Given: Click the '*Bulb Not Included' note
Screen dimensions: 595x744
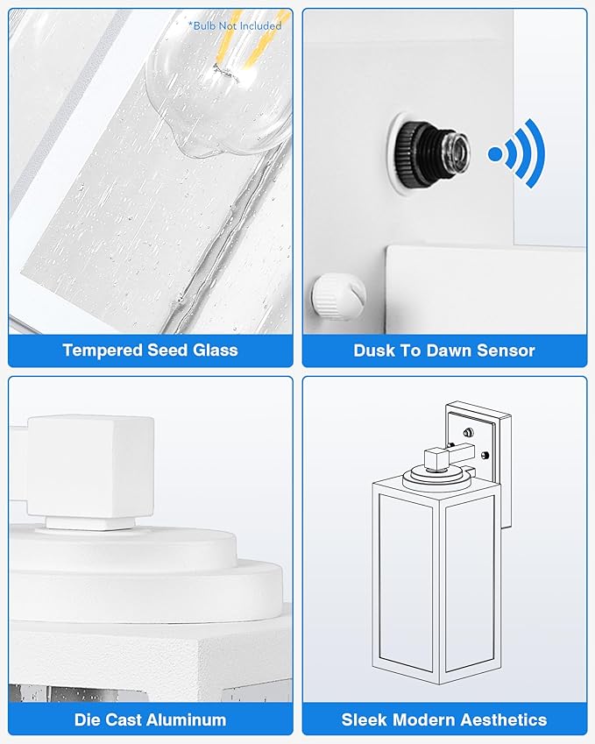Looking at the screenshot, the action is click(235, 25).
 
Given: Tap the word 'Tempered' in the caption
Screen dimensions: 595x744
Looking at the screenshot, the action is click(103, 351).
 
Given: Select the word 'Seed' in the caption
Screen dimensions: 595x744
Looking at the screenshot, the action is click(167, 351).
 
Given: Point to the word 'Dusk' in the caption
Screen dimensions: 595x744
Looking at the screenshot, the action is click(375, 351).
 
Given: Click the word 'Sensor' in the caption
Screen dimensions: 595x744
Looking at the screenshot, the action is click(506, 351).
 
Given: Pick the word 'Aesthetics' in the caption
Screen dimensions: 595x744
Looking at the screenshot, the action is click(503, 719).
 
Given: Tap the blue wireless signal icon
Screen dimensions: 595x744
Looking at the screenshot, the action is click(517, 153).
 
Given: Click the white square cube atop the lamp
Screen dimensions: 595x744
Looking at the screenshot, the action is click(90, 467).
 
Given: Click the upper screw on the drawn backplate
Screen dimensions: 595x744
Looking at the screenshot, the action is click(469, 432).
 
